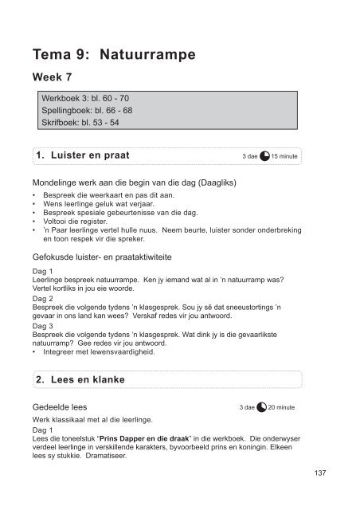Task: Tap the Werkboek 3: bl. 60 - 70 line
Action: pyautogui.click(x=85, y=104)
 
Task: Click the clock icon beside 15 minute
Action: pyautogui.click(x=266, y=156)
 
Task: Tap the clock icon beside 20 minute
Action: pyautogui.click(x=262, y=407)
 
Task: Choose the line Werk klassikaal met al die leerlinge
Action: pyautogui.click(x=96, y=419)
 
